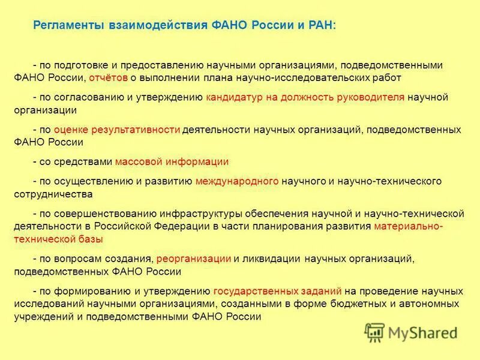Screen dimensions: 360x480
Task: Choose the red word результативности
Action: coord(116,129)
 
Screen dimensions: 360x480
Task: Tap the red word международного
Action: coord(237,181)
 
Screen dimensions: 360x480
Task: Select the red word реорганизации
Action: coord(194,259)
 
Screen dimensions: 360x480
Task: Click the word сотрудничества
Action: coord(54,194)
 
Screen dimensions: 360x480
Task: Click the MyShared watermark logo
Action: coord(410,332)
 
